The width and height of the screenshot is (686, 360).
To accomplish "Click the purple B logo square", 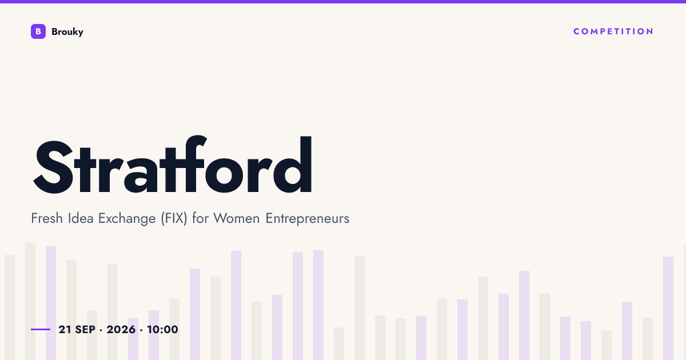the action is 38,31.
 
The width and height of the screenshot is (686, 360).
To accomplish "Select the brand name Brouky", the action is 67,32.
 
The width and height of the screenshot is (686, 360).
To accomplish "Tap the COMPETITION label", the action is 613,31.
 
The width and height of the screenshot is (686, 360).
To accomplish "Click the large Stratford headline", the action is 173,165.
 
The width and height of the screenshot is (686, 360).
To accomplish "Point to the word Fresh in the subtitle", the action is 47,218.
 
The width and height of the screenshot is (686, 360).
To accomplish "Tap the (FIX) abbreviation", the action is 174,218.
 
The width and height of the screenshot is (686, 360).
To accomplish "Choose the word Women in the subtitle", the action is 237,218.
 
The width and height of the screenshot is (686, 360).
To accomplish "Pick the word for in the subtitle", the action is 201,218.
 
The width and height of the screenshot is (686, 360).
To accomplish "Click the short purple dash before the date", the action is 41,329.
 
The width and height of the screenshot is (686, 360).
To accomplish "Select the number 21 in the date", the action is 65,329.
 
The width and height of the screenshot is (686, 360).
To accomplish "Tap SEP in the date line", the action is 85,329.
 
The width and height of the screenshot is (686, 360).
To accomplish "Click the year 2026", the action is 121,329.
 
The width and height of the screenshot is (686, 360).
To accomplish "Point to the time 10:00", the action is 162,329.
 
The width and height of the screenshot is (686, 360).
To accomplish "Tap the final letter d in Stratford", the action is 293,165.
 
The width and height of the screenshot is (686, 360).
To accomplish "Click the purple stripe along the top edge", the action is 343,2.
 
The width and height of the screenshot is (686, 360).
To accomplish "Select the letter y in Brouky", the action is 80,33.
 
